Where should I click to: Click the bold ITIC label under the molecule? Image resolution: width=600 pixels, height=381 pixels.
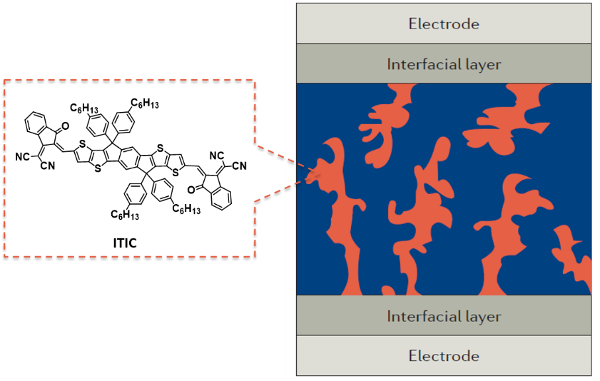(125, 243)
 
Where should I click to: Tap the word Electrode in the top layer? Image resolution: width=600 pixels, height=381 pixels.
(444, 24)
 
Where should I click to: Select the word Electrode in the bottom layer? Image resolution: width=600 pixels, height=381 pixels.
(444, 356)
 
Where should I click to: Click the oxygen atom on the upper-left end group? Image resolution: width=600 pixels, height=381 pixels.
(66, 126)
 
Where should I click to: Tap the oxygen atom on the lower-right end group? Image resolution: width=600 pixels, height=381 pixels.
(191, 190)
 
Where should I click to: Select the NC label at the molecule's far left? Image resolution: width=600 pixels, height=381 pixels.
(22, 157)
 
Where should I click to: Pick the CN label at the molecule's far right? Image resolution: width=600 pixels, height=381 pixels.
(239, 166)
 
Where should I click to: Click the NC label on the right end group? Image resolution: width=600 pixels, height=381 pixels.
(217, 156)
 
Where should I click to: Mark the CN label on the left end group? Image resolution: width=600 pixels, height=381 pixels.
(48, 166)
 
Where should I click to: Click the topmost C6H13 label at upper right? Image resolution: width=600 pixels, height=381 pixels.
(145, 103)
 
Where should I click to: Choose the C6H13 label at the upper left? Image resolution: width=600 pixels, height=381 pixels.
(84, 108)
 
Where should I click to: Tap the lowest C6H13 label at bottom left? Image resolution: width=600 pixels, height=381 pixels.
(125, 214)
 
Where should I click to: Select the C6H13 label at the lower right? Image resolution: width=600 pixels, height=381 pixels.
(186, 209)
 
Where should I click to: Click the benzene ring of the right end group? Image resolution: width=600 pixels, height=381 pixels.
(222, 198)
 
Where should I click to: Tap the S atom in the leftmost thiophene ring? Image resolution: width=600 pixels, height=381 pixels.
(82, 145)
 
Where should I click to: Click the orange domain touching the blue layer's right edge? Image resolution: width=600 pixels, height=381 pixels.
(573, 256)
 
